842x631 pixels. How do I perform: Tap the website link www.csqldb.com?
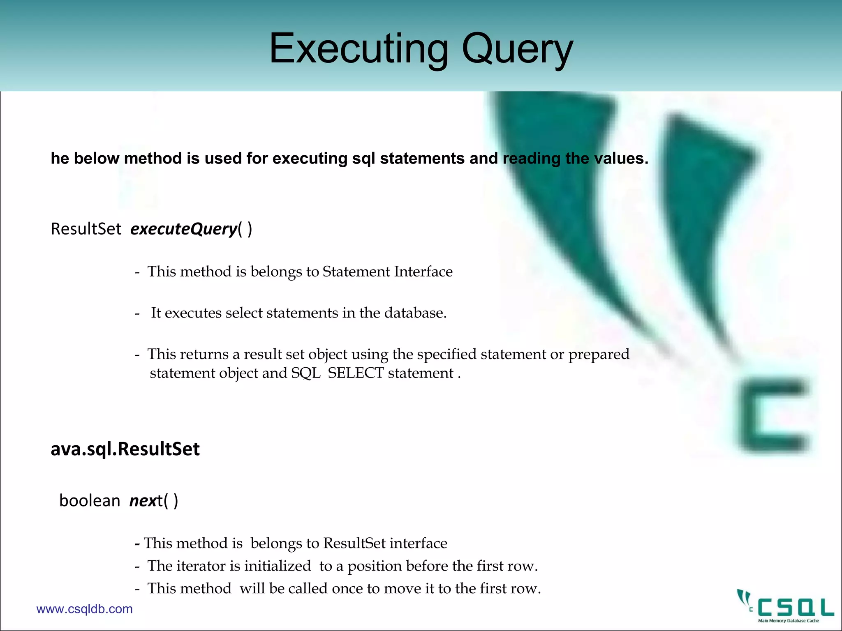(84, 609)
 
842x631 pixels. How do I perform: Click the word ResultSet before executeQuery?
(86, 229)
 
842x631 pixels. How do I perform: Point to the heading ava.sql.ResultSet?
(125, 449)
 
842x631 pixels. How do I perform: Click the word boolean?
(90, 501)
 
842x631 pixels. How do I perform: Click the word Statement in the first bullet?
(356, 272)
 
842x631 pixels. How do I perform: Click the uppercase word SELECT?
(356, 373)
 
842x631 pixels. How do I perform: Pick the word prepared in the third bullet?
(599, 354)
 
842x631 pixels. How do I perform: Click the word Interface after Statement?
(423, 272)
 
